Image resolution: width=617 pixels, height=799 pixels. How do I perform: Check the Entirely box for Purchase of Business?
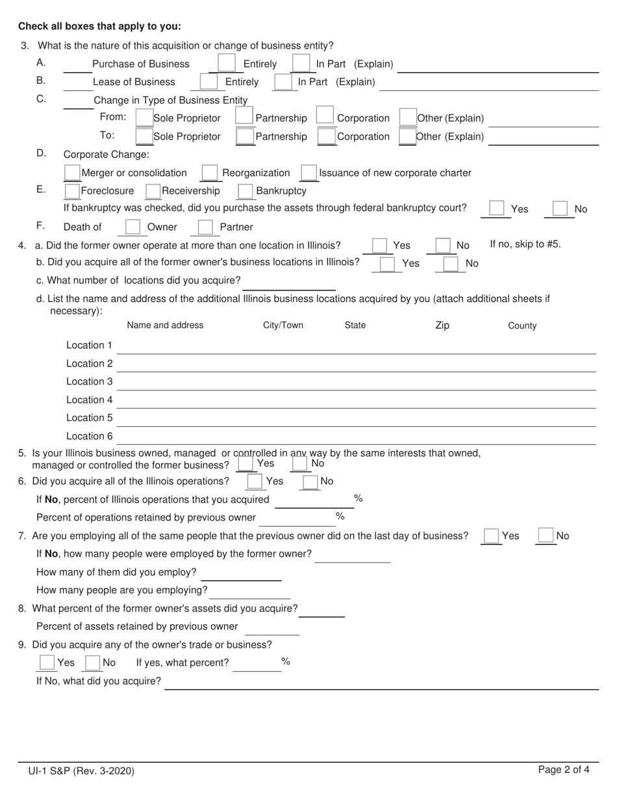[227, 63]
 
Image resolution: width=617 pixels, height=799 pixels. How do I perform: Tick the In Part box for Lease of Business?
[283, 82]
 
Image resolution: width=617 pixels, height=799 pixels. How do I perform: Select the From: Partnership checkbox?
[244, 117]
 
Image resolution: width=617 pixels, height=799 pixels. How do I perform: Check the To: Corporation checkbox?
[327, 136]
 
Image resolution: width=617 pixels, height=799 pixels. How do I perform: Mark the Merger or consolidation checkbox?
[73, 173]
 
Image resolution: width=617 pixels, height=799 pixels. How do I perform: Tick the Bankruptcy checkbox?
[246, 191]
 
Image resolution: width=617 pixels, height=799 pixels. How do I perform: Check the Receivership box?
[153, 191]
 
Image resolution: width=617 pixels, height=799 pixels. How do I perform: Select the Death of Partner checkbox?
[205, 227]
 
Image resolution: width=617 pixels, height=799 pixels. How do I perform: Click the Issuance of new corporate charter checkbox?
[309, 173]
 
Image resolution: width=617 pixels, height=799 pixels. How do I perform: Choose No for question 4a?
[443, 246]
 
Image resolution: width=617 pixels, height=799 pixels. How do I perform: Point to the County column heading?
[522, 325]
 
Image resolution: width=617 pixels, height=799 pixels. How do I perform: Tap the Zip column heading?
[442, 325]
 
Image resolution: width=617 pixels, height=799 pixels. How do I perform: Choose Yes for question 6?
[255, 481]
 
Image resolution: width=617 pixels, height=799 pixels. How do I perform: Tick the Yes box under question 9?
[47, 663]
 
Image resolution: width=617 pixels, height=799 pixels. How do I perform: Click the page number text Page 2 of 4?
[564, 770]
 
